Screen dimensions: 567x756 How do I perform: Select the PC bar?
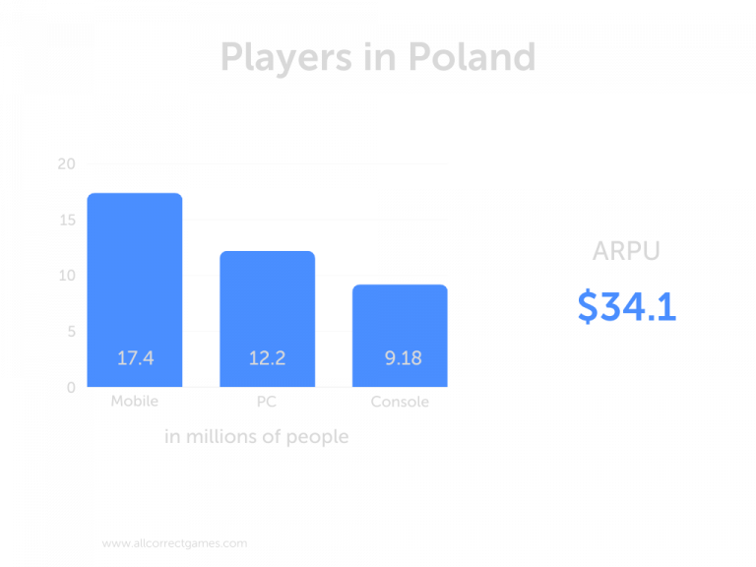(x=267, y=315)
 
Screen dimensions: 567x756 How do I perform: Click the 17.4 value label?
(x=135, y=358)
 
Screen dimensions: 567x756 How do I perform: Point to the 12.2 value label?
(x=267, y=358)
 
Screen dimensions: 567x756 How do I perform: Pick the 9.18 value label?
(x=403, y=358)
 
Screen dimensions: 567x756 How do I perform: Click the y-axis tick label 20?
(x=66, y=164)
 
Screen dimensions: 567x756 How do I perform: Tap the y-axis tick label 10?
(x=66, y=276)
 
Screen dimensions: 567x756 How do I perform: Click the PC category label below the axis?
(x=267, y=402)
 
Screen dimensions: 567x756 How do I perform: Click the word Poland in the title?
(x=471, y=56)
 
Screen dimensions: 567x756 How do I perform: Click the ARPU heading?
(x=626, y=251)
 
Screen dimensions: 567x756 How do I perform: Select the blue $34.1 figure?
(x=627, y=307)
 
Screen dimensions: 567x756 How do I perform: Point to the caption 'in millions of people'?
(x=256, y=436)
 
